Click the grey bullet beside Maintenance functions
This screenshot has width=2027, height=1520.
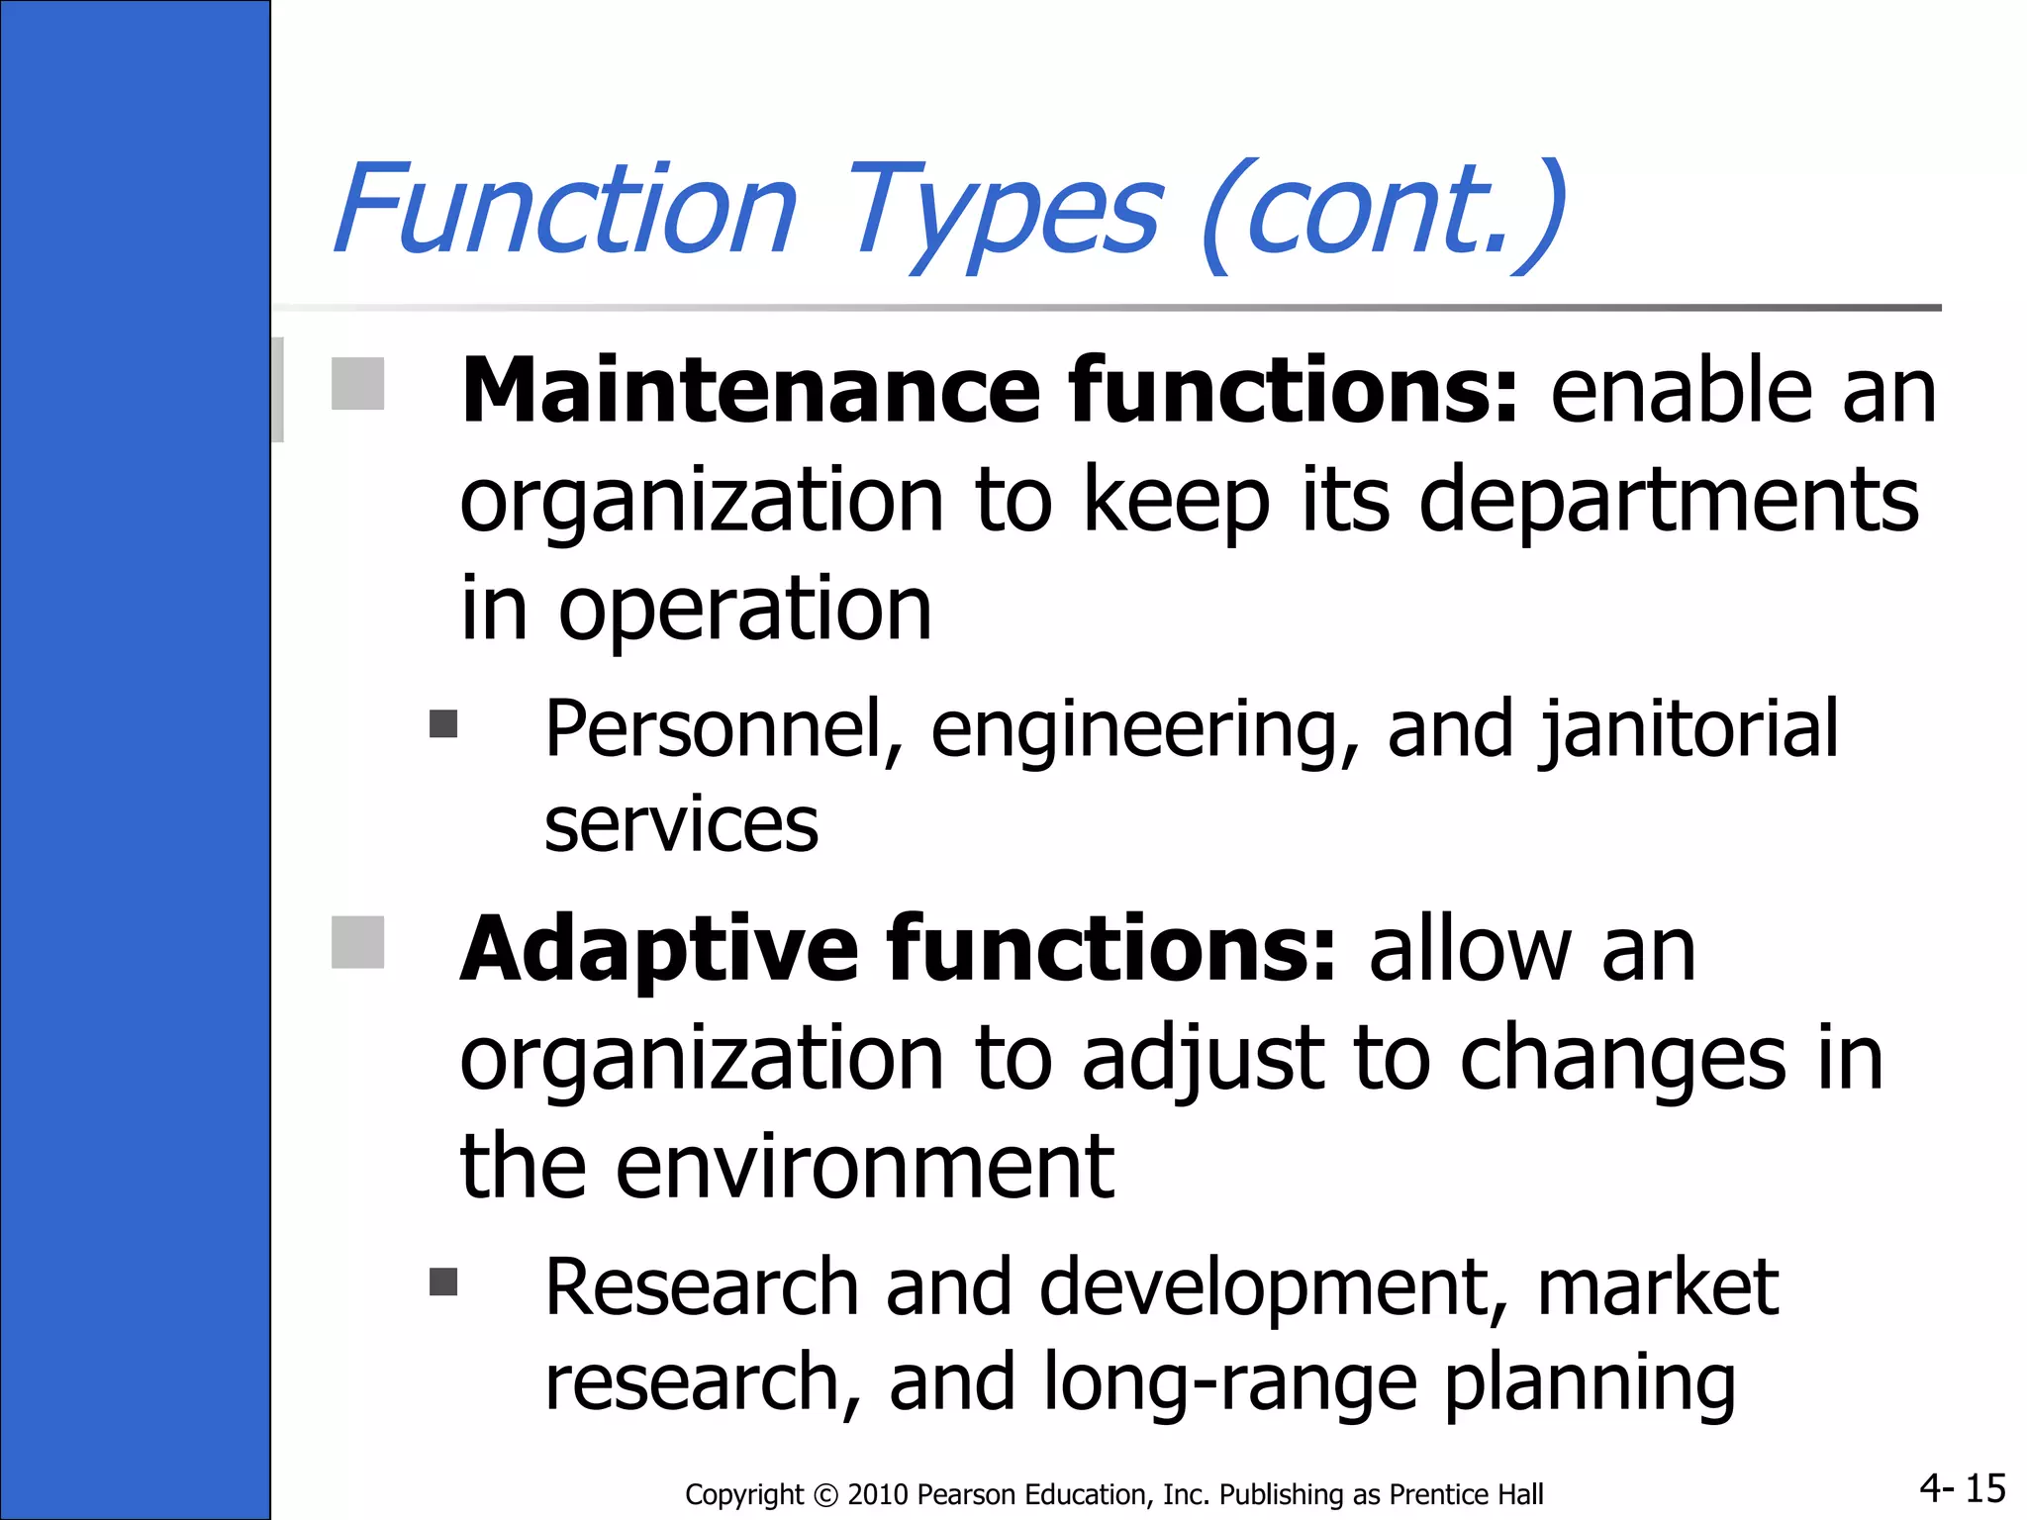click(357, 384)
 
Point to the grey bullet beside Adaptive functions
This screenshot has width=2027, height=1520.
click(357, 942)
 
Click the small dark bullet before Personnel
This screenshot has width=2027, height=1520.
click(443, 724)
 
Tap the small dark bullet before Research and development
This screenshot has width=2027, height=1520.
click(443, 1282)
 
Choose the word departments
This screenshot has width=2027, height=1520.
click(1669, 500)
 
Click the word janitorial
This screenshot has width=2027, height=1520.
click(1689, 730)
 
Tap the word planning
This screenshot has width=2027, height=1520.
click(1590, 1383)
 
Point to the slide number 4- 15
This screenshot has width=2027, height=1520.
click(1962, 1488)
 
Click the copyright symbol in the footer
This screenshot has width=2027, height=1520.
click(825, 1495)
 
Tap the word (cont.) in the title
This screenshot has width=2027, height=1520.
click(1384, 213)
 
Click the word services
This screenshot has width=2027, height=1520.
click(681, 825)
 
